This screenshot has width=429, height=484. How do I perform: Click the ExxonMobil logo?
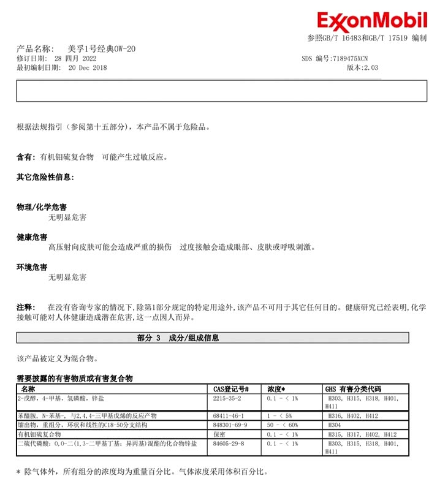coord(371,22)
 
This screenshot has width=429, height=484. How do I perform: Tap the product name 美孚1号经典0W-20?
coord(101,48)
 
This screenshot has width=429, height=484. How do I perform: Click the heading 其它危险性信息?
coord(45,177)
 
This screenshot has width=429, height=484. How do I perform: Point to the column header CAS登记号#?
coord(230,389)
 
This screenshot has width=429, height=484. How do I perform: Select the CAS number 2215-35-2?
coord(227,398)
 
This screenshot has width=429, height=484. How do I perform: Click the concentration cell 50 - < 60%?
coord(283,425)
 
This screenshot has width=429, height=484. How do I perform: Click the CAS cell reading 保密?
coord(219,434)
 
